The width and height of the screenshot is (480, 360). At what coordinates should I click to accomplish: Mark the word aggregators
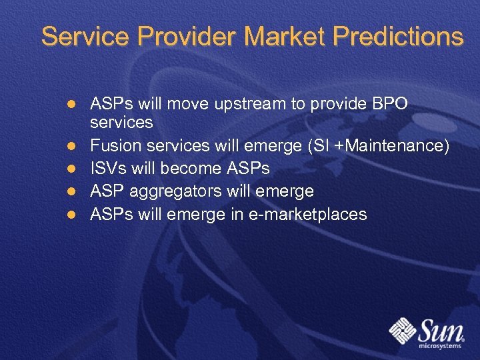click(x=181, y=191)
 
